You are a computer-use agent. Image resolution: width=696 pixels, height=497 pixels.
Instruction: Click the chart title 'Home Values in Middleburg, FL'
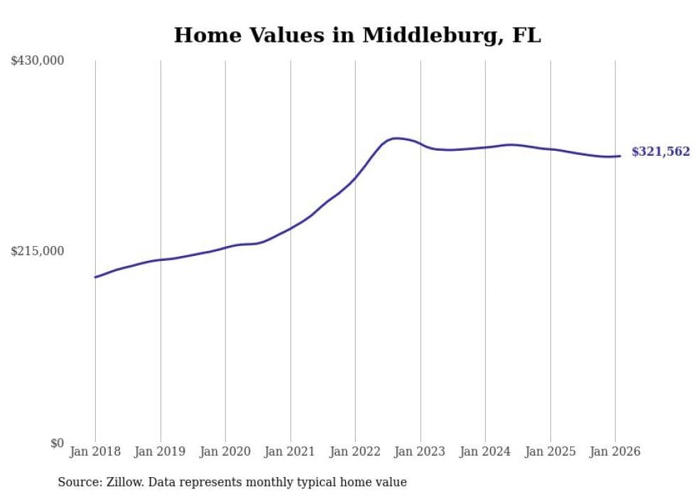(357, 36)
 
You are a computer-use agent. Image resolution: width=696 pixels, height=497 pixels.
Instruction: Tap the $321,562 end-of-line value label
(660, 151)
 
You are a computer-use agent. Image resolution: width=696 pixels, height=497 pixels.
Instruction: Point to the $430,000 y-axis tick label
(38, 61)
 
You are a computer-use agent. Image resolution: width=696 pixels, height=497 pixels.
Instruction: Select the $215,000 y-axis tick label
(38, 251)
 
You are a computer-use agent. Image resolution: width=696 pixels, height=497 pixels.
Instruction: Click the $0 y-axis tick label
(57, 443)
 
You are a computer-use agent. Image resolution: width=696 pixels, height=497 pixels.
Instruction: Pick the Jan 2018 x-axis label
(95, 451)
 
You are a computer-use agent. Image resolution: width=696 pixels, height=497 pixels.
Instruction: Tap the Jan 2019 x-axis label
(160, 451)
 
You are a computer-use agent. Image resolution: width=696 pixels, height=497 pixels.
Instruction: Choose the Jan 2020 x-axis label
(225, 451)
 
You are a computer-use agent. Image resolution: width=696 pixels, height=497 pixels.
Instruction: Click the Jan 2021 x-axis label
(290, 451)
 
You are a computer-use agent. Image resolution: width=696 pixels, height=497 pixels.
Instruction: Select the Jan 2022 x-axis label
(355, 451)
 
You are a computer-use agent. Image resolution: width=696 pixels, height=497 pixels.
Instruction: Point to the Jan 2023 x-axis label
(420, 451)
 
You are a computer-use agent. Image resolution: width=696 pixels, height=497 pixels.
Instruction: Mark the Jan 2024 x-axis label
(485, 451)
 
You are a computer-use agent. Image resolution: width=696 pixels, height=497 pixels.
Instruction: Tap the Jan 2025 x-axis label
(550, 451)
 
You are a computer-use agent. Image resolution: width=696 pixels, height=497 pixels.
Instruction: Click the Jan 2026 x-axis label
(615, 451)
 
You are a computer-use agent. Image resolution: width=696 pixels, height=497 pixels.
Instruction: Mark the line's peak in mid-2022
(396, 138)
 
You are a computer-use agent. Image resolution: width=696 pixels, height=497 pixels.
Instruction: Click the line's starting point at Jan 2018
(95, 277)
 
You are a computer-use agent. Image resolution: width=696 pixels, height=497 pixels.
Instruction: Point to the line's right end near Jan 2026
(620, 156)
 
